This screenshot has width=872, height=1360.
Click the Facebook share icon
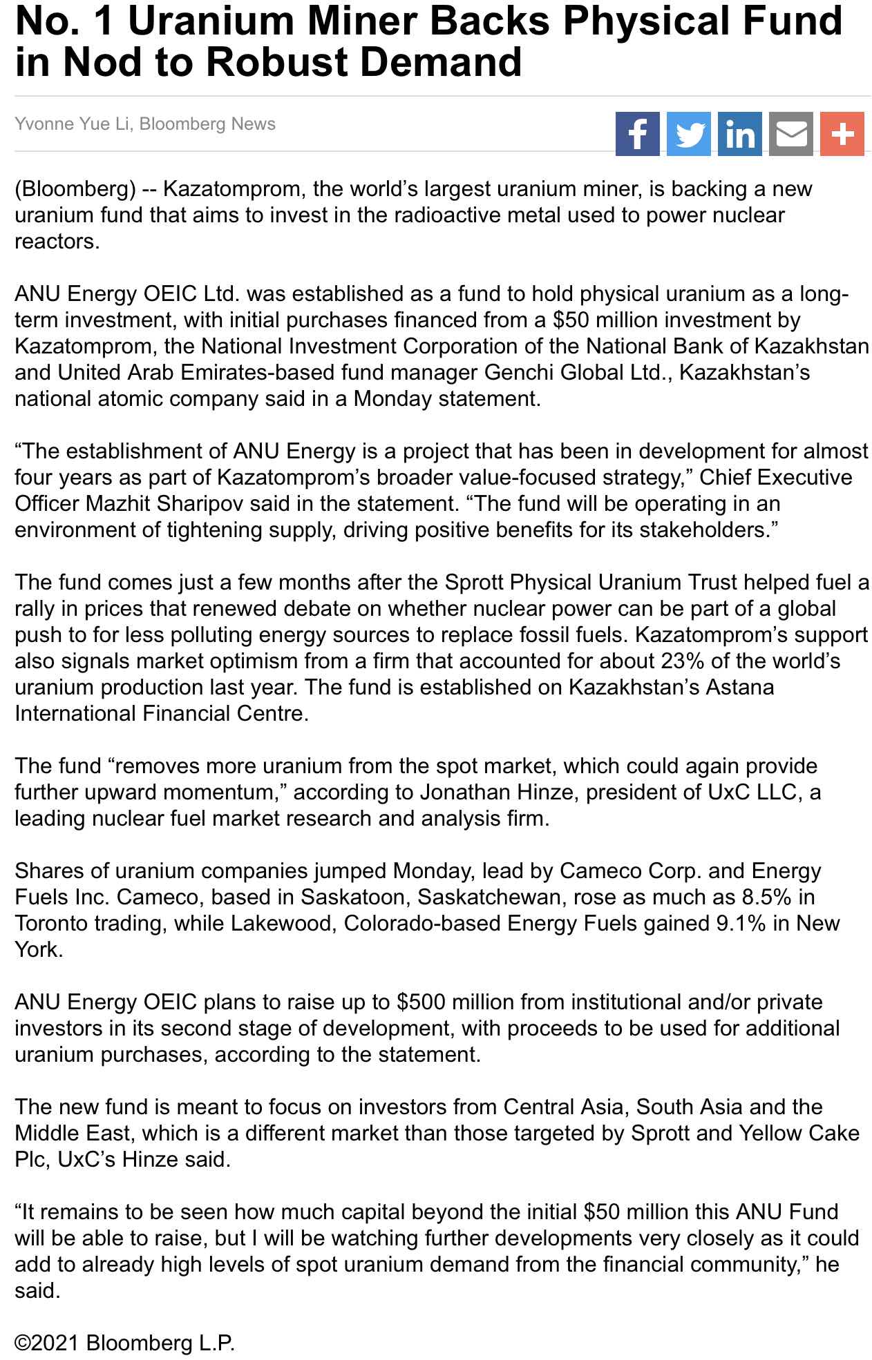[x=637, y=134]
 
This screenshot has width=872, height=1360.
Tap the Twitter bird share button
[x=688, y=134]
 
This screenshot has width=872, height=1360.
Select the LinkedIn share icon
[x=739, y=134]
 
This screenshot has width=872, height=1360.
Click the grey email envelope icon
[x=790, y=134]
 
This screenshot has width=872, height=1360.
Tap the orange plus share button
[x=842, y=134]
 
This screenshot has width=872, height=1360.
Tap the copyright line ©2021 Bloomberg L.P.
[x=125, y=1343]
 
